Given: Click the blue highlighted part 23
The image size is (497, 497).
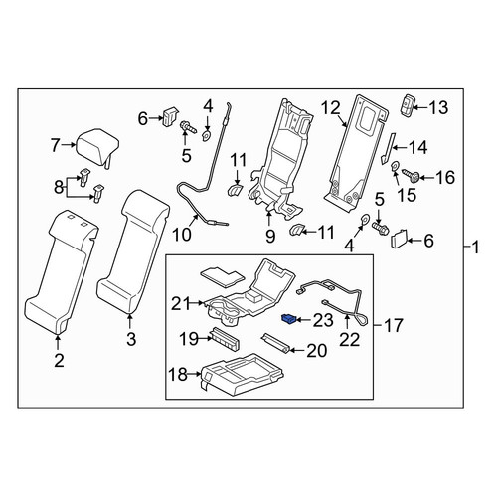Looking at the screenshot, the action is click(288, 320).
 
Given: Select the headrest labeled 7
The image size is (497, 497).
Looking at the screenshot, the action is click(97, 147).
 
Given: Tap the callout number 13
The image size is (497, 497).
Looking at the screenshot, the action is click(438, 108).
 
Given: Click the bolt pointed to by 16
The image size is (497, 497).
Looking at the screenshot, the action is click(412, 175).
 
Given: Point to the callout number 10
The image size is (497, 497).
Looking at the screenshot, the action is click(182, 235).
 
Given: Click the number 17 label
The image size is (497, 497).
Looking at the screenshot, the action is click(394, 325).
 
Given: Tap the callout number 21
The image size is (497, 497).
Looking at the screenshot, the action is click(181, 304).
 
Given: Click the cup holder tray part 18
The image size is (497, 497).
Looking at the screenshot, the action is click(242, 374).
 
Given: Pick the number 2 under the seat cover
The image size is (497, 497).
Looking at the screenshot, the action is click(59, 360).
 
